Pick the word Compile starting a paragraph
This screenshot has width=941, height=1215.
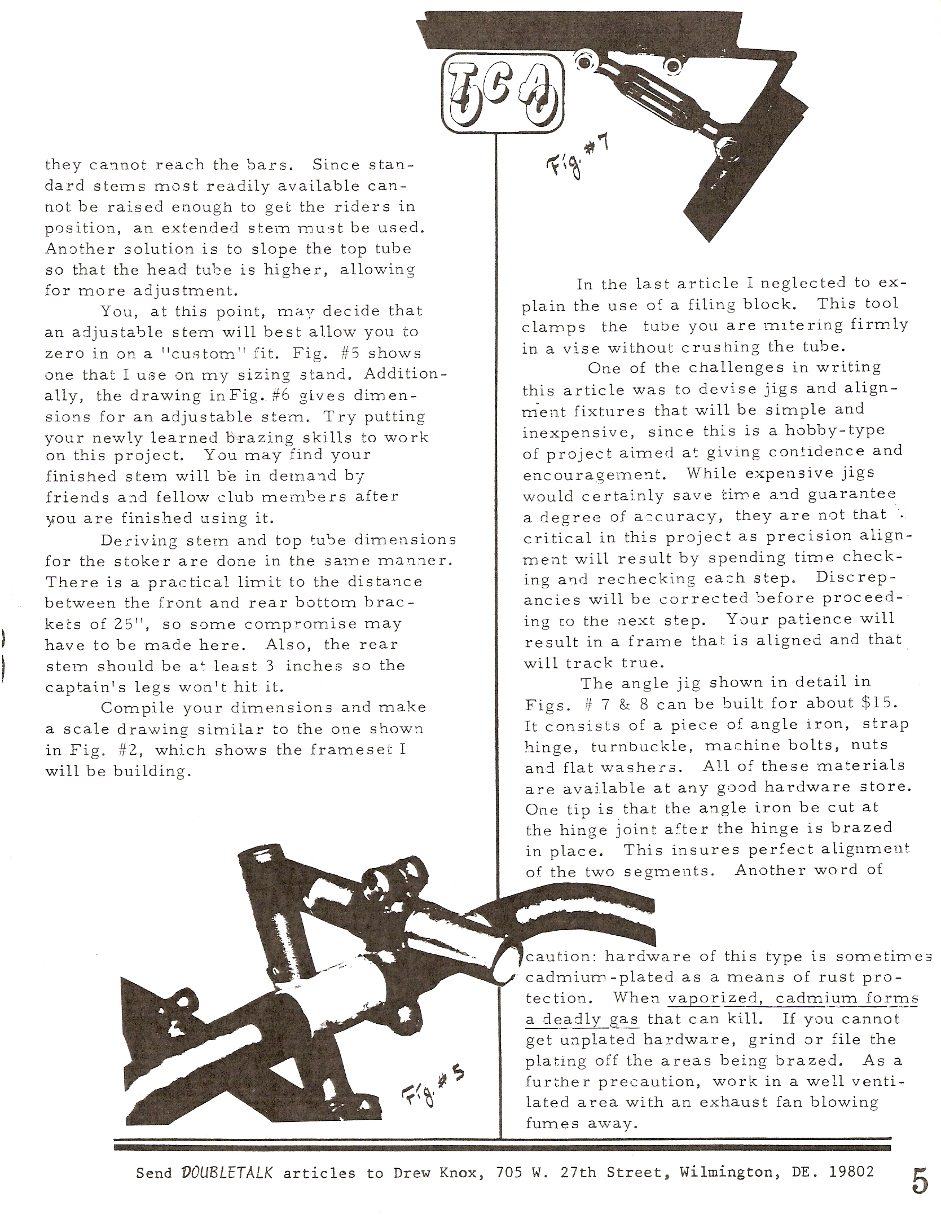pos(133,708)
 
